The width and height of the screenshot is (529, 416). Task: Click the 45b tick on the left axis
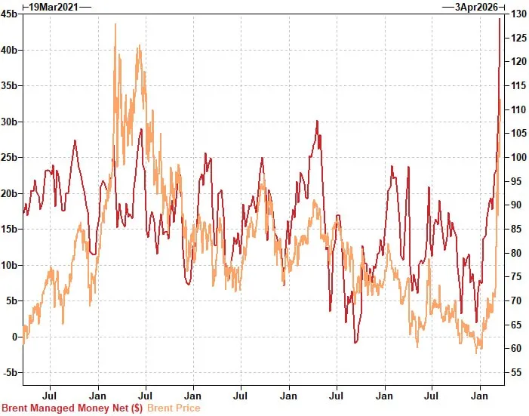(x=10, y=14)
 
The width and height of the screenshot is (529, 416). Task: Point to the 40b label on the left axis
(x=10, y=50)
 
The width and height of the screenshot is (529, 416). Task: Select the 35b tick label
(x=10, y=85)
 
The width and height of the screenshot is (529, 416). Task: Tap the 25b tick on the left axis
(x=10, y=157)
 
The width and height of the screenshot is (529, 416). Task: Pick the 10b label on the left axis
(x=10, y=265)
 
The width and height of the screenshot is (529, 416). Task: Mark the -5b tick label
(x=10, y=372)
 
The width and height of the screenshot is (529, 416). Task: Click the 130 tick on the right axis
(x=518, y=14)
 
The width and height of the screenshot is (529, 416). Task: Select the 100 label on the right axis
(x=518, y=157)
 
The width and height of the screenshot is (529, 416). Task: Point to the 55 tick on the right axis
(x=516, y=372)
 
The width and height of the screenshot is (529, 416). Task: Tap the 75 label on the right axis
(x=516, y=276)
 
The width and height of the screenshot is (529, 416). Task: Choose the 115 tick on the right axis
(x=518, y=85)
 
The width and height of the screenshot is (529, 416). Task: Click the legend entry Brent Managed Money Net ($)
(x=72, y=408)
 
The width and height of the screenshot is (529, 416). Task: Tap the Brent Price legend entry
(x=174, y=408)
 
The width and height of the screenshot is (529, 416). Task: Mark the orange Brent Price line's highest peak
(x=115, y=24)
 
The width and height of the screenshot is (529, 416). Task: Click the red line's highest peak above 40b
(x=499, y=18)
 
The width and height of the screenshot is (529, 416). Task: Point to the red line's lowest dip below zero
(x=355, y=343)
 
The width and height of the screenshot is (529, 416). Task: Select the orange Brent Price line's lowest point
(x=477, y=353)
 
